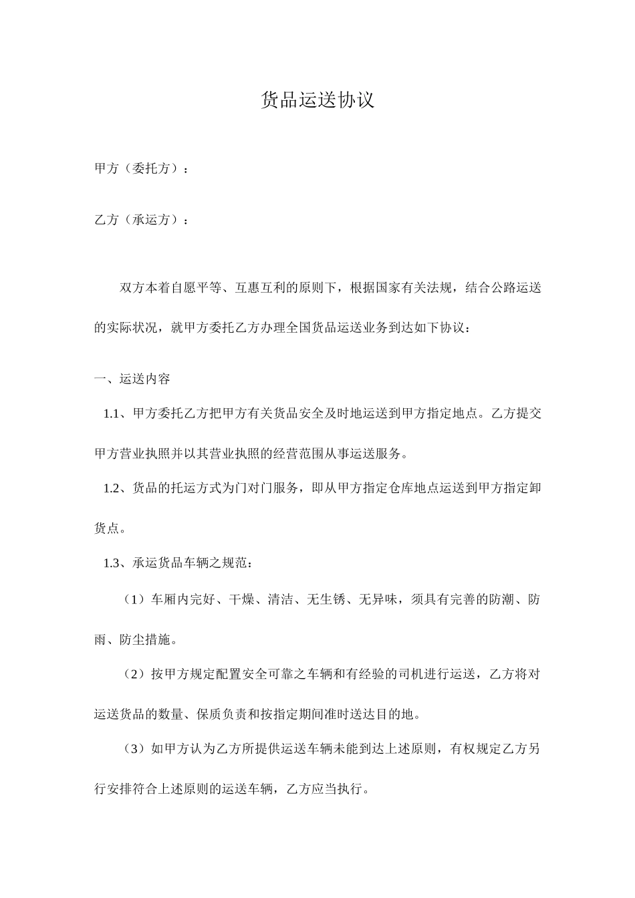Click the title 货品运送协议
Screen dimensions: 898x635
click(x=317, y=100)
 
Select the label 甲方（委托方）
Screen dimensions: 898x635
click(x=138, y=169)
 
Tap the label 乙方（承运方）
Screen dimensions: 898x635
click(x=138, y=220)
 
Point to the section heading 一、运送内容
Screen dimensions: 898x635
click(x=132, y=379)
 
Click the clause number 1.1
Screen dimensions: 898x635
click(x=111, y=414)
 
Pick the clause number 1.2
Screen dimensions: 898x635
click(x=111, y=488)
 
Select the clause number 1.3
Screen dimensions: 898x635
click(x=111, y=563)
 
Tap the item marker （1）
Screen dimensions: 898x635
click(x=136, y=599)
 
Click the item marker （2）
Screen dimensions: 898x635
click(x=136, y=674)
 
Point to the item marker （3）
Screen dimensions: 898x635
click(x=136, y=749)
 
